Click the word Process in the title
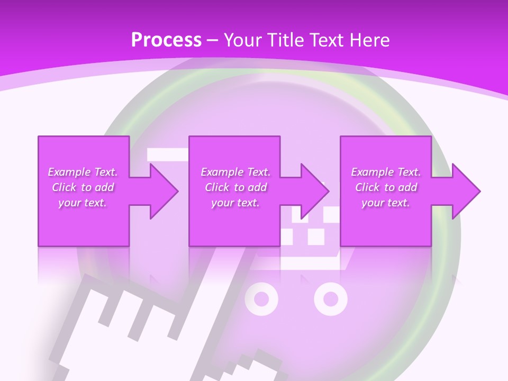pyautogui.click(x=166, y=40)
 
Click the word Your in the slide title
pyautogui.click(x=241, y=40)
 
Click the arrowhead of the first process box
pyautogui.click(x=164, y=191)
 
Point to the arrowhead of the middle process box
pyautogui.click(x=315, y=191)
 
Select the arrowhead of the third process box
pyautogui.click(x=466, y=191)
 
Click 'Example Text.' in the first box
pyautogui.click(x=83, y=172)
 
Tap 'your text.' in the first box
pyautogui.click(x=83, y=203)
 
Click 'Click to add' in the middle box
pyautogui.click(x=235, y=187)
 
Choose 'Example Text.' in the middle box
pyautogui.click(x=235, y=172)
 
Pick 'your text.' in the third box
pyautogui.click(x=386, y=203)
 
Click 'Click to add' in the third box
pyautogui.click(x=386, y=187)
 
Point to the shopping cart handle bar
pyautogui.click(x=167, y=154)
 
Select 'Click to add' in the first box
pyautogui.click(x=83, y=187)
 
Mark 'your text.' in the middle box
pyautogui.click(x=235, y=203)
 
